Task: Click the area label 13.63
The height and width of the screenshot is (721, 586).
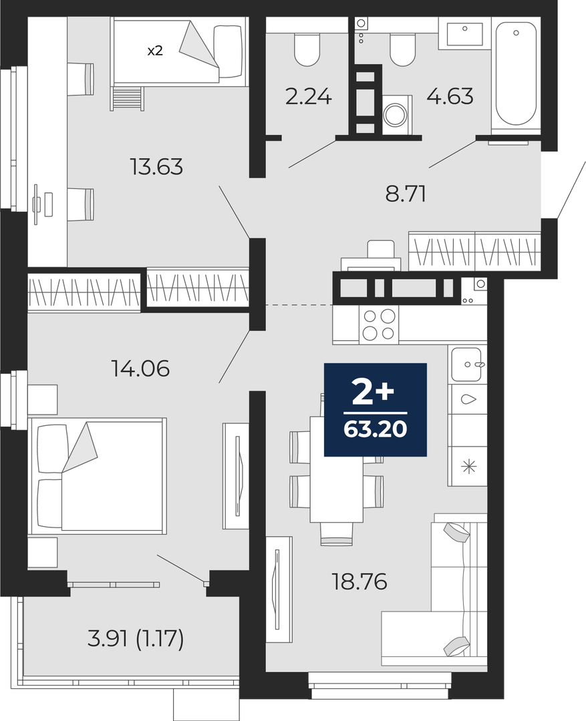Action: (156, 166)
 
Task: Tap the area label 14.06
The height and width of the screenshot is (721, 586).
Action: (141, 369)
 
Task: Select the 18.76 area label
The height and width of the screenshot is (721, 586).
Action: (359, 582)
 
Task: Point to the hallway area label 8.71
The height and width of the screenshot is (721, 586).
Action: (406, 194)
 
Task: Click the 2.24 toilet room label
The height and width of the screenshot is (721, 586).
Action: (309, 97)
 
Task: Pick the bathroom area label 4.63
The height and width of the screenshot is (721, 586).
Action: (450, 97)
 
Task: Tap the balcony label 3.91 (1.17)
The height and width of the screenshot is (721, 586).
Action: (136, 639)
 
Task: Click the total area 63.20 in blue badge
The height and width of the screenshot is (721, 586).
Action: (375, 429)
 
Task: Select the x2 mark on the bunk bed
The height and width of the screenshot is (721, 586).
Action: (154, 51)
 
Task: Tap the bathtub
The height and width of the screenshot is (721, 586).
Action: (516, 74)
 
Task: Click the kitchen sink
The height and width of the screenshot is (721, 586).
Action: (466, 365)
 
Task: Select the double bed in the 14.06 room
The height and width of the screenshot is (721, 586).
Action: (97, 476)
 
